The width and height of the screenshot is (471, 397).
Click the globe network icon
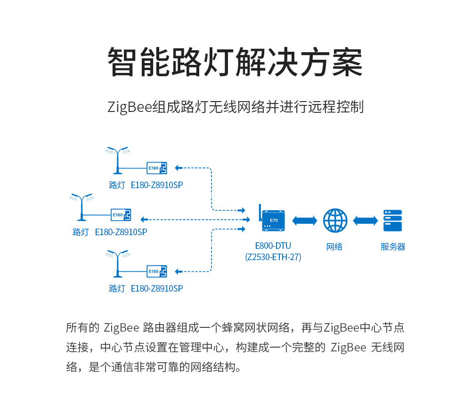(335, 221)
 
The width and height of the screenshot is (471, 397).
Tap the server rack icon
(392, 221)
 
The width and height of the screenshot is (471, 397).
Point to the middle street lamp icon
(81, 206)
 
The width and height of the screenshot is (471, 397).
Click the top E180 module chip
(157, 168)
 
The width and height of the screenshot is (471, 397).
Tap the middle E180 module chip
(121, 215)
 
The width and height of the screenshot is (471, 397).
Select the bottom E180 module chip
(157, 271)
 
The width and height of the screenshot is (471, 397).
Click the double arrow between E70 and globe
(305, 221)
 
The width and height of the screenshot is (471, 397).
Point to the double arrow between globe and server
(365, 221)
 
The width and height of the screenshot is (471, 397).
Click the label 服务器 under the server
(393, 247)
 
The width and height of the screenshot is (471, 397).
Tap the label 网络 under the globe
(334, 247)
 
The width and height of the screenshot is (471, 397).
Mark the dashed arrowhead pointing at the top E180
(178, 167)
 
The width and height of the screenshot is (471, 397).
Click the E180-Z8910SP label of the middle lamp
(121, 232)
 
